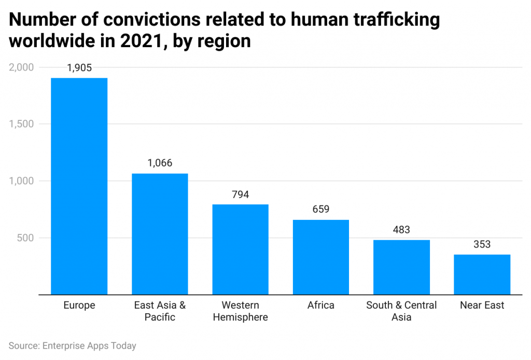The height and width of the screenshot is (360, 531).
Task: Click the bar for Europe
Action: pos(79,186)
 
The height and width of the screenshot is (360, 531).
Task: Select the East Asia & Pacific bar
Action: pos(160,234)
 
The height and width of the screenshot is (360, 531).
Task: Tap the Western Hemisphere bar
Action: pos(241,250)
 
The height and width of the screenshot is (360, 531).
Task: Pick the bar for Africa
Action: pos(321,257)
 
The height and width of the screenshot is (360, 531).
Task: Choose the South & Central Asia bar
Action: pos(401,267)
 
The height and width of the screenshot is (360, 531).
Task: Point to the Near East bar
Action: pos(482,274)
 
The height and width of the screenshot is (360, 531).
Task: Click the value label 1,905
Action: pos(79,68)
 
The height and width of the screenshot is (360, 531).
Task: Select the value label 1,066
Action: pos(160,163)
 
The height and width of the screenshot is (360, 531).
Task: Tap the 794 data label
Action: pos(241,195)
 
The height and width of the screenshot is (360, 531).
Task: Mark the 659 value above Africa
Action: pos(321,210)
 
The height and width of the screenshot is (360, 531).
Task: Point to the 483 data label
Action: pos(401,230)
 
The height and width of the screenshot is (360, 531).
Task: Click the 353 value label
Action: pos(482,244)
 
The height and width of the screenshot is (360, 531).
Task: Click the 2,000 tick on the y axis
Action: pos(21,67)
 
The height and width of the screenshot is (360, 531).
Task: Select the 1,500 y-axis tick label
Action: pos(21,124)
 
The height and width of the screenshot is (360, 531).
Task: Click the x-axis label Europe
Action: pos(79,306)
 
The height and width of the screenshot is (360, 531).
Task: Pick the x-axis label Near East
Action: pos(482,306)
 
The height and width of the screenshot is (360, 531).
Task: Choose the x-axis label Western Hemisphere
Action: pos(241,311)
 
